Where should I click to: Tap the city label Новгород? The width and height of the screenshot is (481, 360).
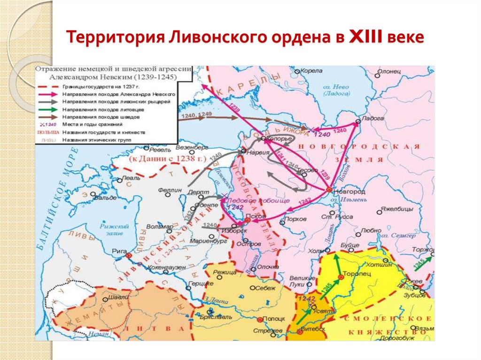(349, 192)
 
